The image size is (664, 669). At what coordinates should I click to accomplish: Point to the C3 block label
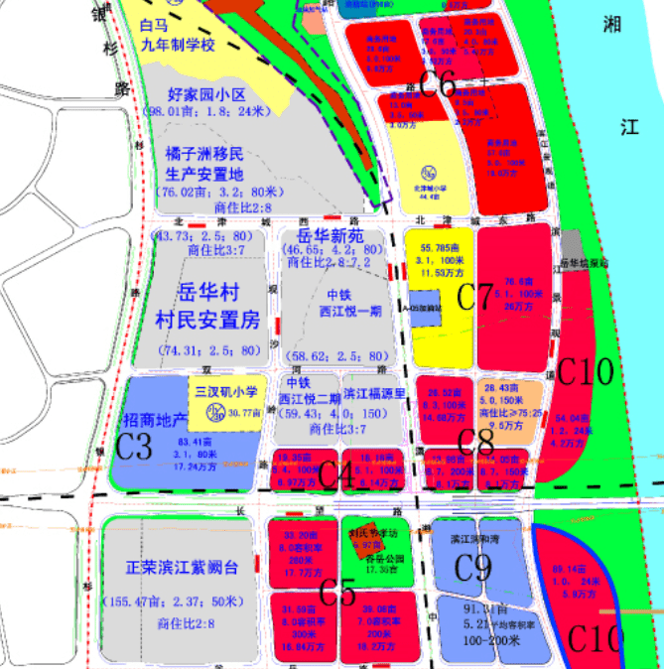[x=134, y=446]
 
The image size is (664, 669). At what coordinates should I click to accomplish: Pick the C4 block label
[x=337, y=474]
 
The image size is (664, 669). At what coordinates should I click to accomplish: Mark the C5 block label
[x=337, y=593]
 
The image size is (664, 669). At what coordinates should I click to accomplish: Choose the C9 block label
[x=472, y=567]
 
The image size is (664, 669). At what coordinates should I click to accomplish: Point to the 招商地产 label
[x=158, y=419]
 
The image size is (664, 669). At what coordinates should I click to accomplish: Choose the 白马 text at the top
[x=154, y=27]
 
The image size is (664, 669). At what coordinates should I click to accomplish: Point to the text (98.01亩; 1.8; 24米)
[x=210, y=112]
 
